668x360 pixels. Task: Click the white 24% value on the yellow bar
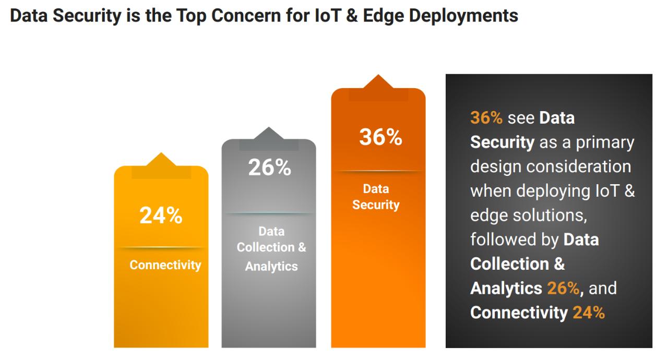(161, 216)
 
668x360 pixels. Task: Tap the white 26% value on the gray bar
(269, 167)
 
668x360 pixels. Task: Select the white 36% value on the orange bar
(380, 137)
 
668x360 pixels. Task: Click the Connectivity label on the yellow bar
(165, 265)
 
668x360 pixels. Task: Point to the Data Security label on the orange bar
(376, 197)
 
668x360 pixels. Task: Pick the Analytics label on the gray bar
(271, 266)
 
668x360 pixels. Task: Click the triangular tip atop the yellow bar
(161, 159)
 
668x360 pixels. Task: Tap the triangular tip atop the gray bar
(269, 133)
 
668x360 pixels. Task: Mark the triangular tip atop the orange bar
(378, 81)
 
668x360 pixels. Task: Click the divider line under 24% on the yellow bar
(161, 247)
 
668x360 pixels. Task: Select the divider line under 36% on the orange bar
(378, 171)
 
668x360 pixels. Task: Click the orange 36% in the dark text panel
(486, 118)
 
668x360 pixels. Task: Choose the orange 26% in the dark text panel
(563, 288)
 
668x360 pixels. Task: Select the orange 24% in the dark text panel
(589, 313)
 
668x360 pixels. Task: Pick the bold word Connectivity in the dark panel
(519, 313)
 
